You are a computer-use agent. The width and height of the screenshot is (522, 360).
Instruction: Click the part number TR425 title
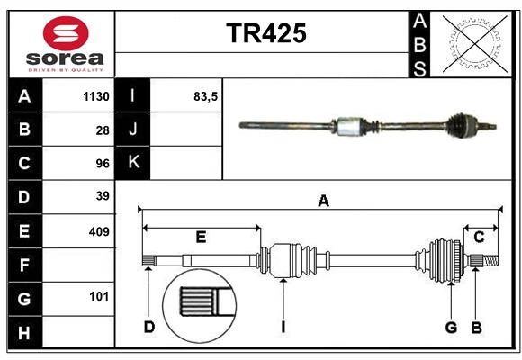tap(265, 33)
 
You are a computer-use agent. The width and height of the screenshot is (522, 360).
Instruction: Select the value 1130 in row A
tap(94, 96)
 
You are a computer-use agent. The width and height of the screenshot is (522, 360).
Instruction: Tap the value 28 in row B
tap(102, 130)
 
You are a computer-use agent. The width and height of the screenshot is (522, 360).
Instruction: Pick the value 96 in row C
tap(102, 163)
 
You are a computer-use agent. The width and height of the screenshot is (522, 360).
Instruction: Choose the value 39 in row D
tap(102, 196)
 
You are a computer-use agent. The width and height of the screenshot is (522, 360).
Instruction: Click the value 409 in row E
tap(98, 231)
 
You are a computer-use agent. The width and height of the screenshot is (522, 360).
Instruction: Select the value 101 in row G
tap(98, 296)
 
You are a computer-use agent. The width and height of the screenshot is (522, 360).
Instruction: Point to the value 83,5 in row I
tap(206, 96)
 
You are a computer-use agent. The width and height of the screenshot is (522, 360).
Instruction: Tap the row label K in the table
tap(133, 162)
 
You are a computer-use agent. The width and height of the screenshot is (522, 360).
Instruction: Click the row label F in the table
tap(24, 265)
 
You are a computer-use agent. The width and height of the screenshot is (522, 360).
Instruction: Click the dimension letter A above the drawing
tap(323, 202)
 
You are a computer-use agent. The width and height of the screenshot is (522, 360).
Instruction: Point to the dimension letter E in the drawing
tap(201, 238)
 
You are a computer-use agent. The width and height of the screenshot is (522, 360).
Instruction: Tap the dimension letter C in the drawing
tap(479, 237)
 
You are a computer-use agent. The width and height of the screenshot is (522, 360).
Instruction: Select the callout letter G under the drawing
tap(452, 327)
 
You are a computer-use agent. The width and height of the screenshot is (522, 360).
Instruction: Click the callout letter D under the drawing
tap(148, 327)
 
